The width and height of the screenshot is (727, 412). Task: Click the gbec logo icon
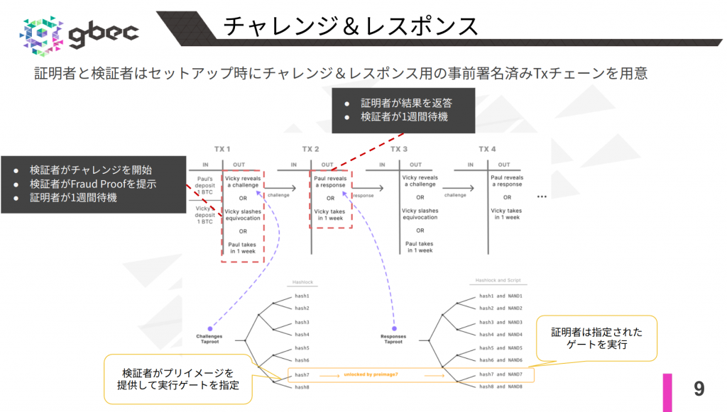tap(43, 33)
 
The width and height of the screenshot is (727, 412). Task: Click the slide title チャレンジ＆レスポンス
tap(350, 26)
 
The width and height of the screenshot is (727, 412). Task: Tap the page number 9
tap(699, 389)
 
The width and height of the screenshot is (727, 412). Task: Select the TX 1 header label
tap(222, 149)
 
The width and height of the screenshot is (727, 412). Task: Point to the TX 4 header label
tap(487, 149)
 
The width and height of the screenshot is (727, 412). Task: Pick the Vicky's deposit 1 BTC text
tap(205, 215)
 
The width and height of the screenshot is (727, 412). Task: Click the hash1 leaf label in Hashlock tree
tap(302, 296)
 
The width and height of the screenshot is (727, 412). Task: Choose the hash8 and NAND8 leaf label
tap(501, 386)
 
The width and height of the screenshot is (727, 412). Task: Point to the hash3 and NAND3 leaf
tap(501, 322)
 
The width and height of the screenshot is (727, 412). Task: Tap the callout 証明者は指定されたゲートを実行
tap(596, 338)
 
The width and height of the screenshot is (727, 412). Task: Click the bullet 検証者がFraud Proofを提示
tap(93, 184)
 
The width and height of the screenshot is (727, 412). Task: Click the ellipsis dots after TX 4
tap(542, 195)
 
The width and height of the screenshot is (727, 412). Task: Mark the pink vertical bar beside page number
tap(667, 391)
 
